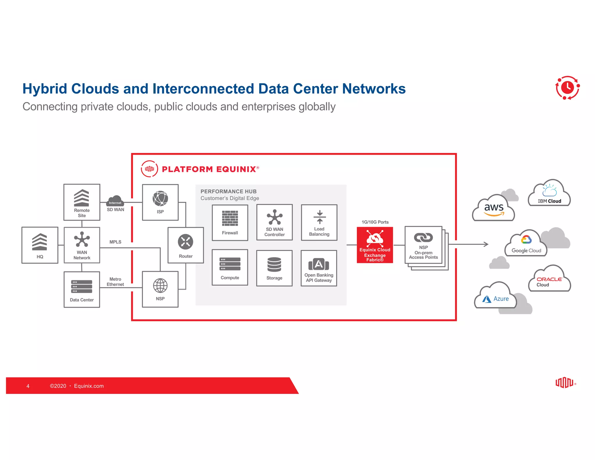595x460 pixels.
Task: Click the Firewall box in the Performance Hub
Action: pyautogui.click(x=230, y=223)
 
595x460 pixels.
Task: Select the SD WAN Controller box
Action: pyautogui.click(x=275, y=222)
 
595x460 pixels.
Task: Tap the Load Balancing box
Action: pyautogui.click(x=319, y=222)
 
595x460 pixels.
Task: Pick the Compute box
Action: pyautogui.click(x=230, y=267)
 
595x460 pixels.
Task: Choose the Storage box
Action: pyautogui.click(x=274, y=268)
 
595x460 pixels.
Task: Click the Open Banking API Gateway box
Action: pyautogui.click(x=319, y=268)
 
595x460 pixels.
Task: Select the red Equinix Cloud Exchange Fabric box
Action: pyautogui.click(x=375, y=245)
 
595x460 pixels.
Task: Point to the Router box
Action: pyautogui.click(x=186, y=245)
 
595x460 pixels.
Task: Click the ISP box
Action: pyautogui.click(x=160, y=202)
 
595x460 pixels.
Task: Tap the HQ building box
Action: pyautogui.click(x=40, y=245)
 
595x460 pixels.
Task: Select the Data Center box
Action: pyautogui.click(x=82, y=289)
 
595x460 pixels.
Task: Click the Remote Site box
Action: pyautogui.click(x=82, y=202)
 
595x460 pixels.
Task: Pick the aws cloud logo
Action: pyautogui.click(x=493, y=209)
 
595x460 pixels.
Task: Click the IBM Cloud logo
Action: pyautogui.click(x=549, y=194)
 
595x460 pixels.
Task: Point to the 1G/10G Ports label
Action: pyautogui.click(x=375, y=222)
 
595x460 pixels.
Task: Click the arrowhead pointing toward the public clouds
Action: pyautogui.click(x=486, y=244)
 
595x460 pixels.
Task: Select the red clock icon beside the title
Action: pyautogui.click(x=567, y=88)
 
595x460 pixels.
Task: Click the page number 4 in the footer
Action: pyautogui.click(x=28, y=386)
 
